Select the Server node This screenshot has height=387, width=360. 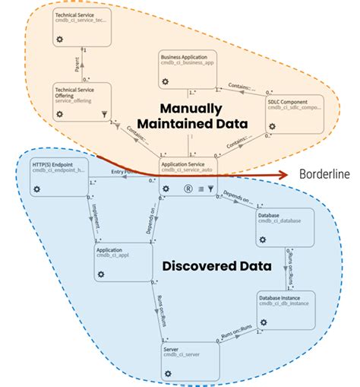pos(190,359)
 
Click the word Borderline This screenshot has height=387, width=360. pos(325,175)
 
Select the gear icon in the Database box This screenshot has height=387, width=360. pos(262,239)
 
